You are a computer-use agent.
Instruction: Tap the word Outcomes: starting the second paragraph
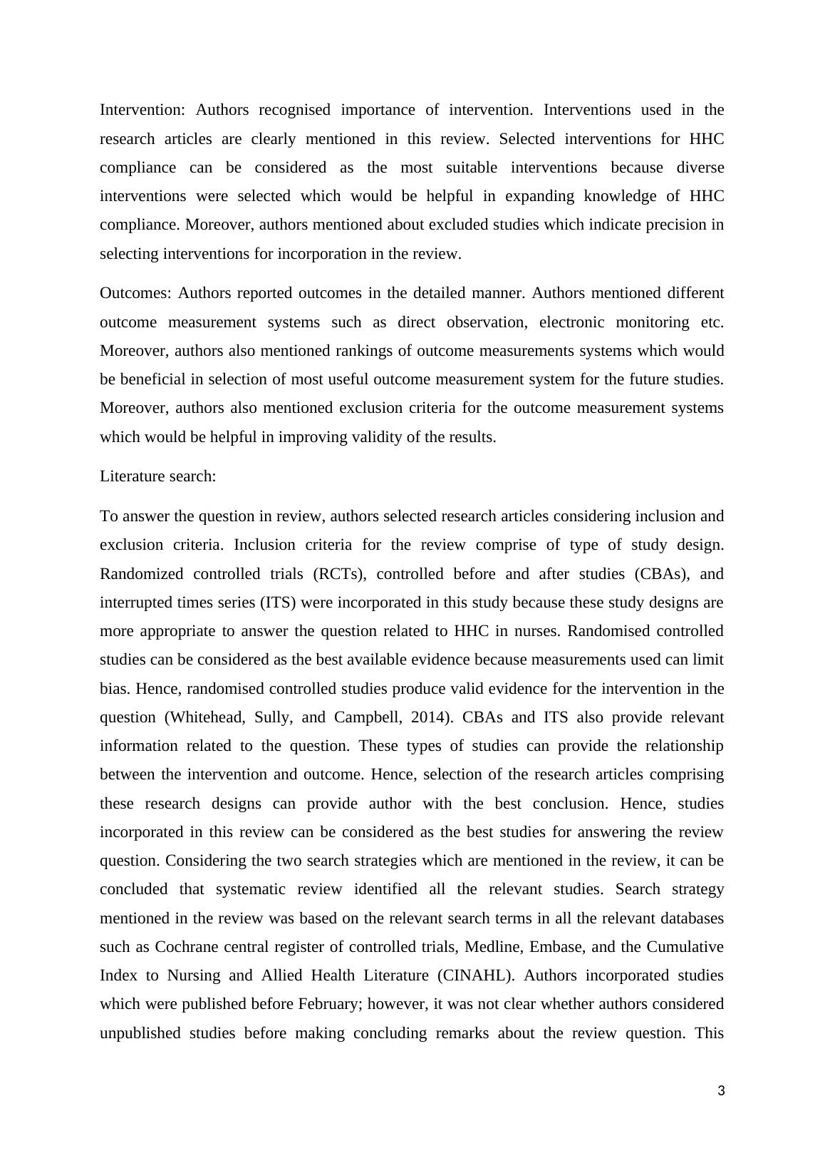(135, 293)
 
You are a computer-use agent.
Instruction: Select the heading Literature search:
(157, 476)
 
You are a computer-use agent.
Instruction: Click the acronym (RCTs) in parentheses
(341, 574)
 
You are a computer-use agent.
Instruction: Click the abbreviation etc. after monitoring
(712, 322)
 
